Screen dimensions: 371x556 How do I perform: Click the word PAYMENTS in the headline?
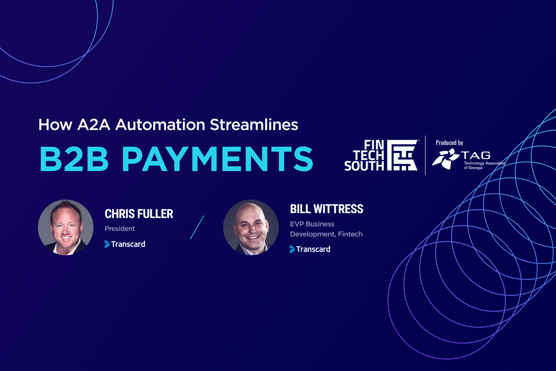(x=218, y=159)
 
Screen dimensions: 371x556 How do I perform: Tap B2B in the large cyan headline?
(x=74, y=159)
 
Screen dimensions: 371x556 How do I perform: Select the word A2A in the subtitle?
(x=93, y=125)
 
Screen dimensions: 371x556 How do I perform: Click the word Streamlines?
(x=254, y=125)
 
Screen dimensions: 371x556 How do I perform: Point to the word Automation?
(x=160, y=125)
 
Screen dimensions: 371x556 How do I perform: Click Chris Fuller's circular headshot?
(x=66, y=227)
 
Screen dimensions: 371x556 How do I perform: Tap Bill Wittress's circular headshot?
(x=251, y=227)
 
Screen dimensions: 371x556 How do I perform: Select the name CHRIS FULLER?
(x=139, y=214)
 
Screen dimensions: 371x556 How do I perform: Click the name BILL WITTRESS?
(x=327, y=209)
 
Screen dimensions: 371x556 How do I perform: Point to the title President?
(x=120, y=228)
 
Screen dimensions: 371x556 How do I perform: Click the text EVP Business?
(x=312, y=224)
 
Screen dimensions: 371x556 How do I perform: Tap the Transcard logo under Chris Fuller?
(x=125, y=244)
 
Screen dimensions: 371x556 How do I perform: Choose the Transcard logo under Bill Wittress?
(x=310, y=249)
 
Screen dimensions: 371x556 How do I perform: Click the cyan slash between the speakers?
(x=197, y=227)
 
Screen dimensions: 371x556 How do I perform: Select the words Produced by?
(x=449, y=143)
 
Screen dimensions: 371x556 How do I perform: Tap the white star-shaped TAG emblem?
(x=445, y=159)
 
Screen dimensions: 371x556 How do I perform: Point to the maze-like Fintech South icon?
(x=402, y=155)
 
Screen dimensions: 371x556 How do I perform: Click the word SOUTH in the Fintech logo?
(x=364, y=166)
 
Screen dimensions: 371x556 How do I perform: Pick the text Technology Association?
(x=484, y=163)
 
